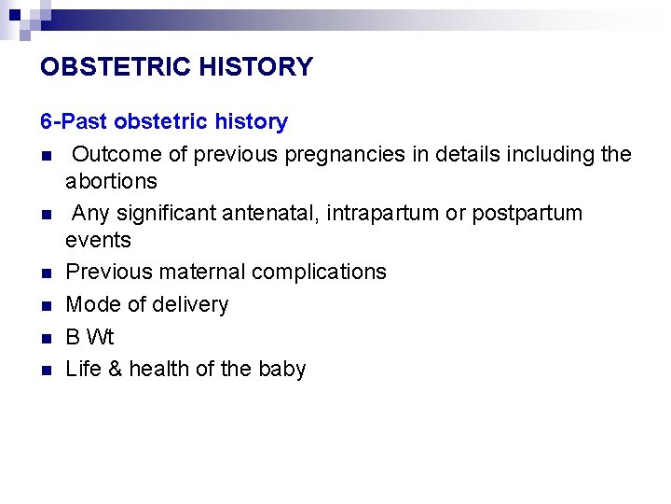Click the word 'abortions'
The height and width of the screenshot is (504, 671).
point(111,180)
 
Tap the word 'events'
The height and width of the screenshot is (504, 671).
point(98,240)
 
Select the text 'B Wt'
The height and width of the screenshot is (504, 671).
point(89,337)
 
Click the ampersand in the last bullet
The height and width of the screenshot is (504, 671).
point(115,369)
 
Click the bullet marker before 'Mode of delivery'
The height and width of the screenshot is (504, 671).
point(45,305)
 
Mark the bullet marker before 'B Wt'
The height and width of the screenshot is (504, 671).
point(45,338)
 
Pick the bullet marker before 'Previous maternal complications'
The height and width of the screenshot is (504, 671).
point(45,273)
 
